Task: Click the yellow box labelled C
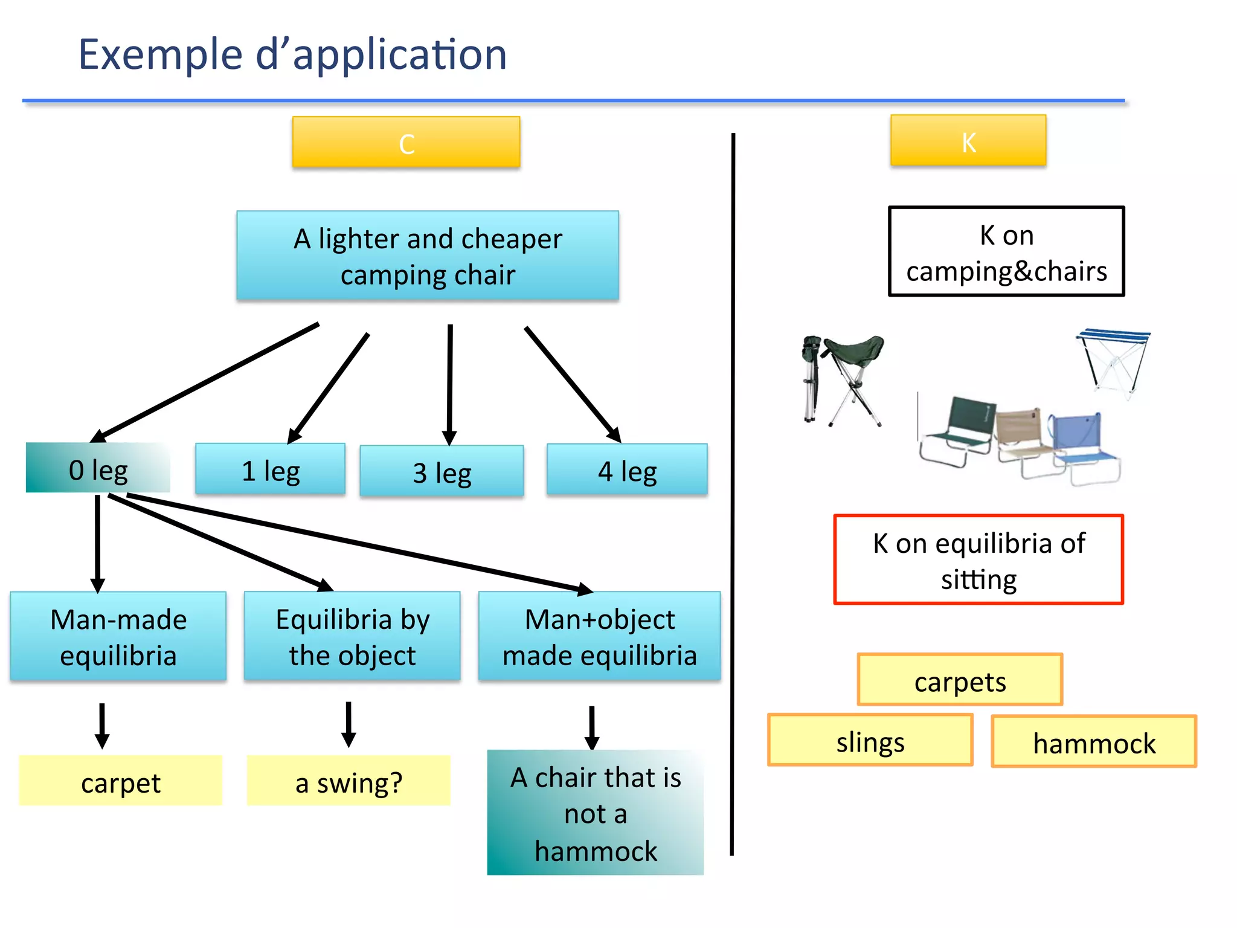tap(406, 143)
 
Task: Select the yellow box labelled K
tap(968, 141)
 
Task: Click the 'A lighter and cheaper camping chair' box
tap(428, 256)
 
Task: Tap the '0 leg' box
tap(98, 468)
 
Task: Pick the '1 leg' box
tap(270, 469)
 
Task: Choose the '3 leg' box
tap(442, 471)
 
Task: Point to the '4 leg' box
tap(627, 470)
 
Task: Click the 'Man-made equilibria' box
tap(118, 636)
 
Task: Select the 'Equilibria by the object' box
tap(352, 636)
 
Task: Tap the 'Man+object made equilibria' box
tap(599, 636)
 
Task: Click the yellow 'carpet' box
tap(121, 781)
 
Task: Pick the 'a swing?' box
tap(349, 781)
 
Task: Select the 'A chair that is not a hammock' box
tap(595, 813)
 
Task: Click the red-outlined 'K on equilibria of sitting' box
tap(978, 559)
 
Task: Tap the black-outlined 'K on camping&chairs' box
tap(1006, 251)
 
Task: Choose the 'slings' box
tap(870, 740)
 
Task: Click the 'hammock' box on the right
tap(1094, 741)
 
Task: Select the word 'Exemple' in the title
tap(160, 54)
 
